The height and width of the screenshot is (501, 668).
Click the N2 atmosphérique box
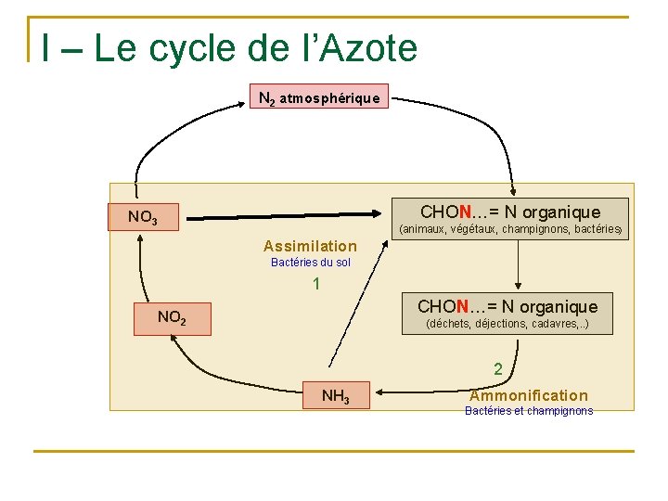(319, 96)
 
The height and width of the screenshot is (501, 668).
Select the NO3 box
(143, 218)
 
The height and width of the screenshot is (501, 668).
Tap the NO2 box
(173, 317)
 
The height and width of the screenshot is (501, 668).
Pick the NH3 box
(335, 396)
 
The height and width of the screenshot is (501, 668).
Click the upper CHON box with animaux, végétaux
(509, 212)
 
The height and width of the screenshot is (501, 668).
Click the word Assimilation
(310, 246)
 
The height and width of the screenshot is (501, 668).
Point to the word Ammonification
(529, 395)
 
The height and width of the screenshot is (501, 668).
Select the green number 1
(316, 284)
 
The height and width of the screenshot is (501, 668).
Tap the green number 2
(498, 369)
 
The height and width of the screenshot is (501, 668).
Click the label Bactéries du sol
(311, 263)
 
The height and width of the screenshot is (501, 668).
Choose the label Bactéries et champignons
(529, 411)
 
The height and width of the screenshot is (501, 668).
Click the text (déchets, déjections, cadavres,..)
(507, 325)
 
